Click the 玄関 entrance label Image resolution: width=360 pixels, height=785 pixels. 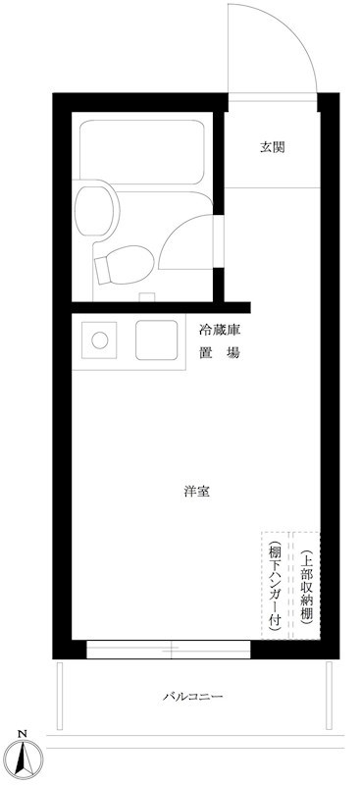coord(272,147)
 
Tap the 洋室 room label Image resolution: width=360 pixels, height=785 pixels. coord(196,492)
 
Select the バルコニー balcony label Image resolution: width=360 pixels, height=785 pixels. coord(193,696)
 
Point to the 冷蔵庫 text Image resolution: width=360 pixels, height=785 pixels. coord(220,331)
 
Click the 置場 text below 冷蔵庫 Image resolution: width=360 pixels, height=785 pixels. coord(220,353)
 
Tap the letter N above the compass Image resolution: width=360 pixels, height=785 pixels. coord(22,734)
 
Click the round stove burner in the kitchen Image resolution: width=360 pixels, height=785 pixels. coord(100,340)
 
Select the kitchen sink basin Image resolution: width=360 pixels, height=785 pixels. coord(157,340)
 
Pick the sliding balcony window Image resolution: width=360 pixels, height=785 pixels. coord(169,650)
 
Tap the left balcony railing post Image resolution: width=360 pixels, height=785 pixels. coord(60,696)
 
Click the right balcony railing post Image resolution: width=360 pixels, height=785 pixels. coord(329,696)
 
